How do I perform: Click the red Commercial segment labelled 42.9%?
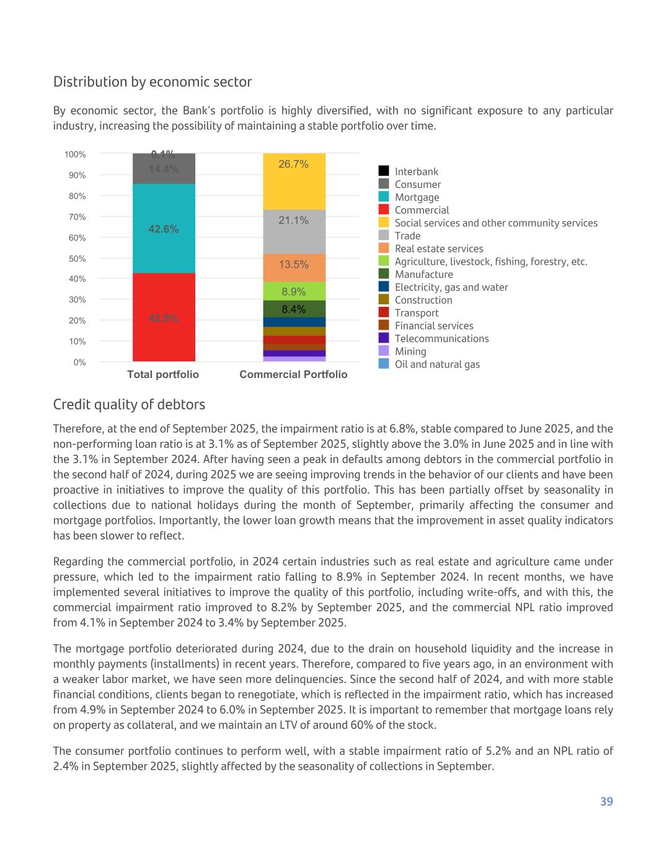point(164,317)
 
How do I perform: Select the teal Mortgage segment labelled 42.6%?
point(164,229)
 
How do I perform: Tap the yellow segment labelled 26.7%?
point(294,181)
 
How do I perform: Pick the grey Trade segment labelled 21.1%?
point(294,232)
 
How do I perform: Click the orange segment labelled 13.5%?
point(294,268)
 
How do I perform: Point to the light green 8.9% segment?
point(294,291)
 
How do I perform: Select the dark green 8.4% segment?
point(294,309)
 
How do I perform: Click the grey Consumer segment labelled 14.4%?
point(164,169)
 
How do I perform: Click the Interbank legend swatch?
point(384,171)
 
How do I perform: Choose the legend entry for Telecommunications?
point(441,338)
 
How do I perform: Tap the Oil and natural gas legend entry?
point(437,364)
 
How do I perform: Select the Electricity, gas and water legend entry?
point(451,287)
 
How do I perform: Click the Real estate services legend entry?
point(439,249)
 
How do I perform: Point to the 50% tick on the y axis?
point(77,258)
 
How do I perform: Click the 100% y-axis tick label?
point(75,154)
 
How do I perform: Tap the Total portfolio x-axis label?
point(163,374)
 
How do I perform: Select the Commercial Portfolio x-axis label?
point(293,374)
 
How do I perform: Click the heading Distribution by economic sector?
point(152,82)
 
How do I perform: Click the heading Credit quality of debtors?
point(129,405)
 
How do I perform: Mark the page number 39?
point(606,801)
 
